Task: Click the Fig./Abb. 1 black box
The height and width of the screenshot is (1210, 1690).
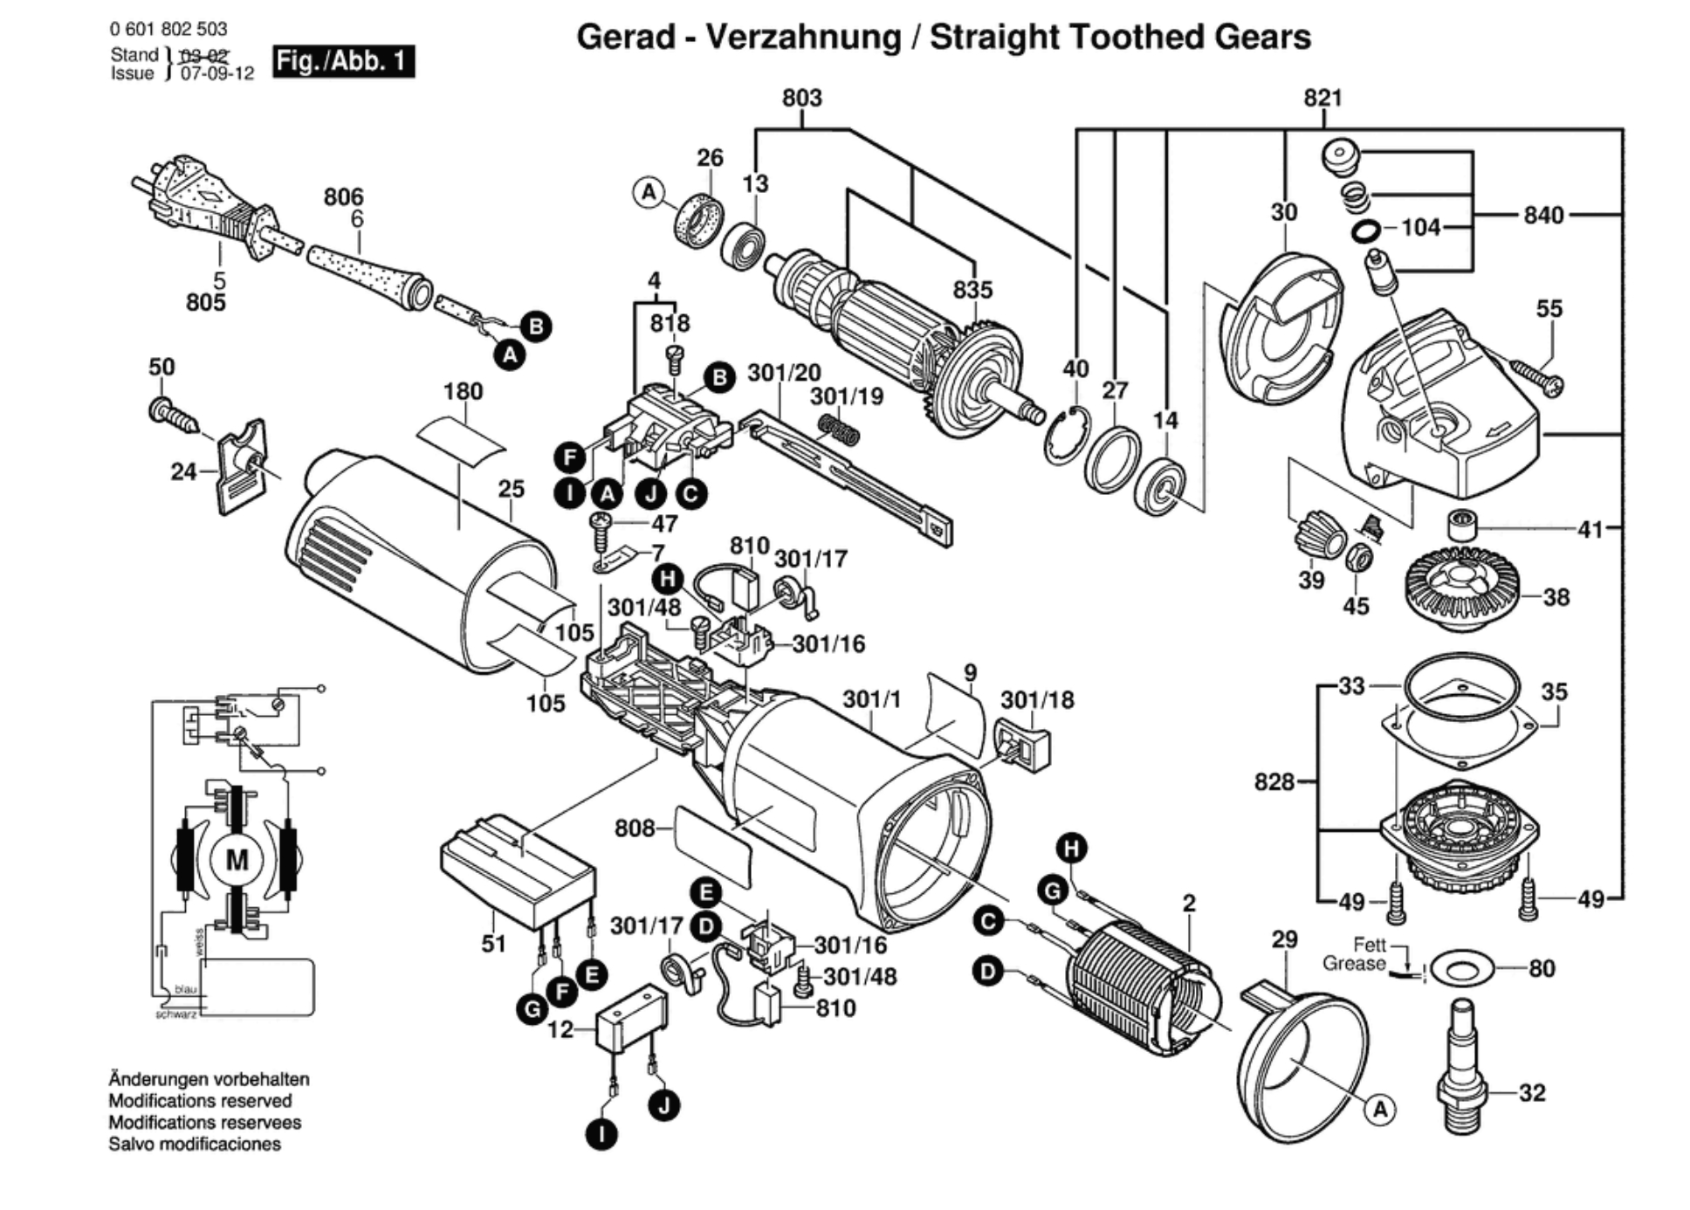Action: [x=343, y=61]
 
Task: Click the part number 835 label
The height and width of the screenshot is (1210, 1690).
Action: [x=972, y=290]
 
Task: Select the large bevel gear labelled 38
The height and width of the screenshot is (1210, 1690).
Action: [x=1462, y=588]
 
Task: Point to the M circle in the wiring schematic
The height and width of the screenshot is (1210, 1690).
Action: [x=237, y=860]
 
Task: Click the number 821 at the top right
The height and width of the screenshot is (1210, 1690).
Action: [x=1322, y=98]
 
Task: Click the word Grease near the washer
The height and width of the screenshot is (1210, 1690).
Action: [x=1353, y=964]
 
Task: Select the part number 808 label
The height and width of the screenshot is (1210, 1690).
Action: [x=635, y=828]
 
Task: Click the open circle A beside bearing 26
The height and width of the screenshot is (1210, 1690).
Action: [x=648, y=192]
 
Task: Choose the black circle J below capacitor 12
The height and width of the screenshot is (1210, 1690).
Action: [x=664, y=1106]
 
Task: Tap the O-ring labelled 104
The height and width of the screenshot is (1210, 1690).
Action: [x=1366, y=231]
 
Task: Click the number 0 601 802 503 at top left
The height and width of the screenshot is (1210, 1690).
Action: [x=168, y=29]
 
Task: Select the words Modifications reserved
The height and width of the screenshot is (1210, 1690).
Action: [x=200, y=1101]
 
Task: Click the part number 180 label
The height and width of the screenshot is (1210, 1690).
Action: [x=463, y=391]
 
